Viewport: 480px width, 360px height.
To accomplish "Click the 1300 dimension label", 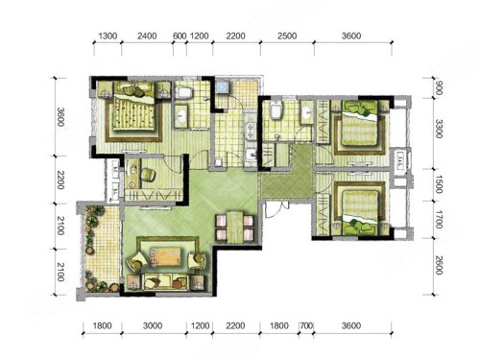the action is click(x=108, y=36).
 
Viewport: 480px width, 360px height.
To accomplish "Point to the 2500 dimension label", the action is click(x=287, y=36).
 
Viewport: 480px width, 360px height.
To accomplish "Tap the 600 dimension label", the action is click(x=180, y=36).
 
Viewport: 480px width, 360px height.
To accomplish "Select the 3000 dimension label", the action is click(x=153, y=325).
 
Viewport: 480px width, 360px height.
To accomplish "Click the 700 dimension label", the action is click(x=306, y=325).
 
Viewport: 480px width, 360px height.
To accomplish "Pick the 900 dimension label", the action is click(x=439, y=88).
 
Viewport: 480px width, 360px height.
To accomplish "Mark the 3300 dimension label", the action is click(x=439, y=129).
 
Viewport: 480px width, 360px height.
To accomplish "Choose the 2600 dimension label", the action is click(x=439, y=265).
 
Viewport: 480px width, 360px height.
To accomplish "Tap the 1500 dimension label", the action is click(x=439, y=184).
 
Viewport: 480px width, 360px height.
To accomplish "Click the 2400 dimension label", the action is click(x=147, y=36).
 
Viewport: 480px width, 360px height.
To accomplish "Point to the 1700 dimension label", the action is click(x=439, y=220).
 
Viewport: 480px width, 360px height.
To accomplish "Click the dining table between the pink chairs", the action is click(x=235, y=227).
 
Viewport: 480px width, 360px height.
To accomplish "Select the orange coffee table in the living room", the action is click(x=167, y=256).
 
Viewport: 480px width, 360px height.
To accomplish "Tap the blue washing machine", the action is click(x=222, y=86).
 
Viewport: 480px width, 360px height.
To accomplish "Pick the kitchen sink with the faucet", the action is click(x=251, y=155).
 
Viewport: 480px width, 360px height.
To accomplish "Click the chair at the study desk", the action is click(x=148, y=174).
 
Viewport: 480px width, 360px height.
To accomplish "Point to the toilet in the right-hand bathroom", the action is click(x=276, y=110).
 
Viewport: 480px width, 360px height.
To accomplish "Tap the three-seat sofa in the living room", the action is click(x=165, y=281).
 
